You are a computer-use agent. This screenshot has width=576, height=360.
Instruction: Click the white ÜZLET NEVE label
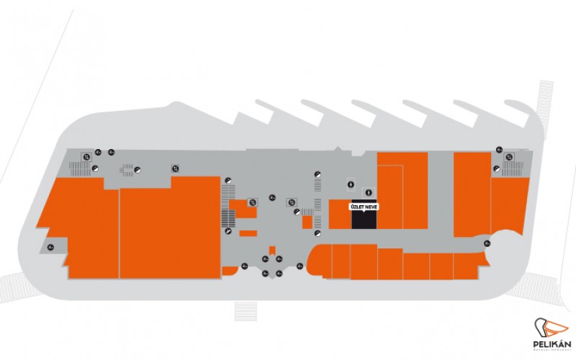tap(364, 206)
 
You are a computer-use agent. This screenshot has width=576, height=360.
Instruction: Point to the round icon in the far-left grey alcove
tap(50, 248)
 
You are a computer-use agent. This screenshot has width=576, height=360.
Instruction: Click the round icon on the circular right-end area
tap(488, 243)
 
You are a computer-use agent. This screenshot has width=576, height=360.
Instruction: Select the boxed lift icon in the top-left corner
tap(86, 156)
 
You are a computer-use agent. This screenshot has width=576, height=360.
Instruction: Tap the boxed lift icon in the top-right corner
tap(508, 156)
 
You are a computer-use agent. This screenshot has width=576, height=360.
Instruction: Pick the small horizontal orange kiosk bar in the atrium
tap(248, 233)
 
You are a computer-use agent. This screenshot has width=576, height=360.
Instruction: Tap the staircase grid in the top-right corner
tap(516, 168)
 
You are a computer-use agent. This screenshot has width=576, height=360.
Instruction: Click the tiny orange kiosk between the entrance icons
tap(272, 250)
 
